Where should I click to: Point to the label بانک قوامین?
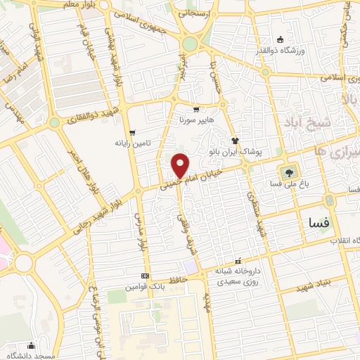point(145,288)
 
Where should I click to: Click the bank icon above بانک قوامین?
point(145,276)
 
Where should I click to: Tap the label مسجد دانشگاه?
point(31,356)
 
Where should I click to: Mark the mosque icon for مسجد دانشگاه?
point(30,345)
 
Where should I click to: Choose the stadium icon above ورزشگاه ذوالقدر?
point(281,40)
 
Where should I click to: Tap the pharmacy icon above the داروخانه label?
point(238,260)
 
